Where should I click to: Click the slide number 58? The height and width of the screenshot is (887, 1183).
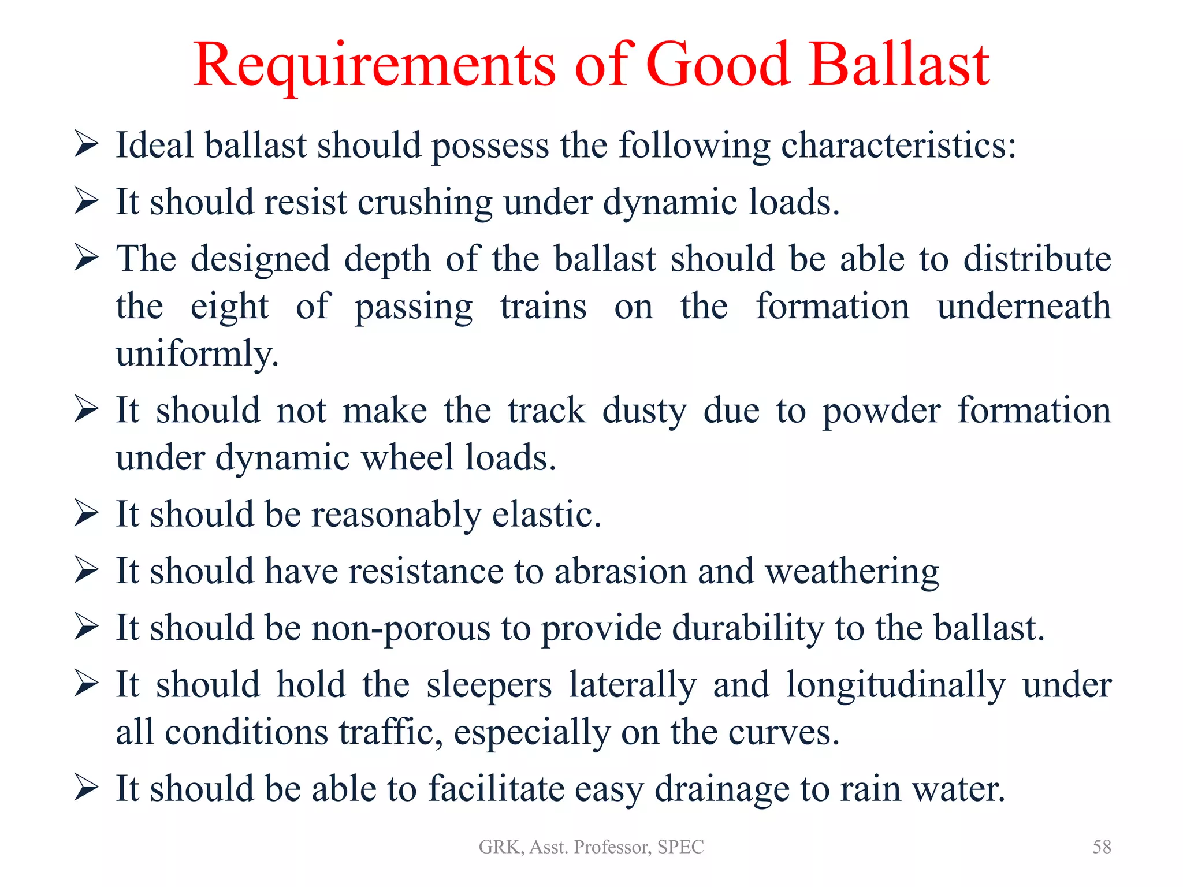click(1102, 847)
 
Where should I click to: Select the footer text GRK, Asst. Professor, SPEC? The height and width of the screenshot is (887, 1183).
click(591, 847)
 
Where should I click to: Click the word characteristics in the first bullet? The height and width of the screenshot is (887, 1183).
click(898, 145)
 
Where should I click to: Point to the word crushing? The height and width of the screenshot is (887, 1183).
click(425, 203)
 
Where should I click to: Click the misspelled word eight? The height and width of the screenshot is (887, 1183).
click(229, 307)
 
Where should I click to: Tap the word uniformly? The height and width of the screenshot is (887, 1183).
click(197, 353)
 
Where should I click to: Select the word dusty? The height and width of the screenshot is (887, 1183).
click(644, 411)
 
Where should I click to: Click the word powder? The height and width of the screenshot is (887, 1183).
click(881, 411)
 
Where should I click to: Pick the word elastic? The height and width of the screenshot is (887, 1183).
click(546, 514)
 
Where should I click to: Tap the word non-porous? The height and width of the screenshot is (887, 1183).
click(401, 628)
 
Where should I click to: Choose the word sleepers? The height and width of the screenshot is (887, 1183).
click(489, 685)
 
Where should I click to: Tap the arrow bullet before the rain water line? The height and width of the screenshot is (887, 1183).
click(87, 788)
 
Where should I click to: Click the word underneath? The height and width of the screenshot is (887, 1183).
click(1024, 306)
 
